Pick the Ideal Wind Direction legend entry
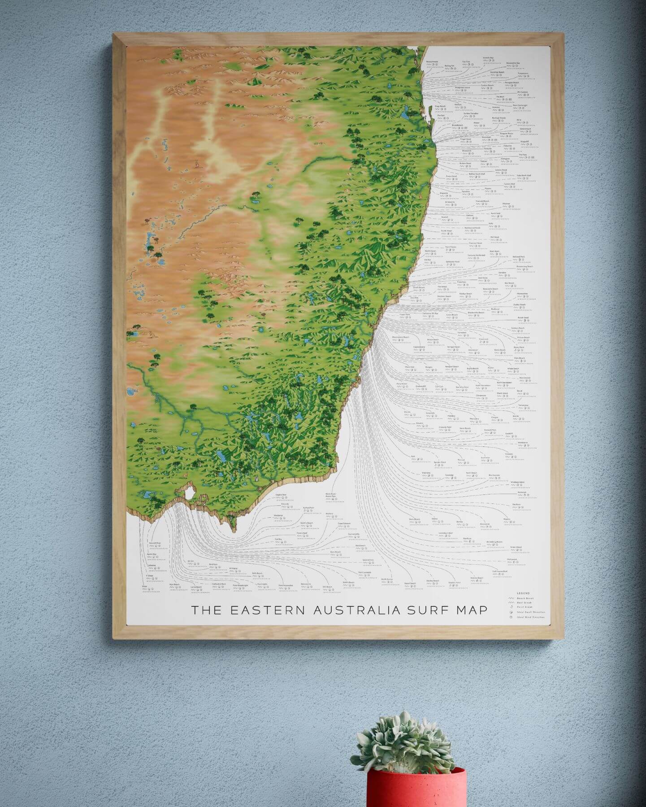click(x=532, y=617)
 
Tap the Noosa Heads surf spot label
click(x=432, y=62)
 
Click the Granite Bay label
click(x=488, y=58)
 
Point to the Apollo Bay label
click(x=152, y=554)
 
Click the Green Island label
click(x=516, y=547)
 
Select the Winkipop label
click(x=233, y=568)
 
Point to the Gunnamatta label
click(x=354, y=534)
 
